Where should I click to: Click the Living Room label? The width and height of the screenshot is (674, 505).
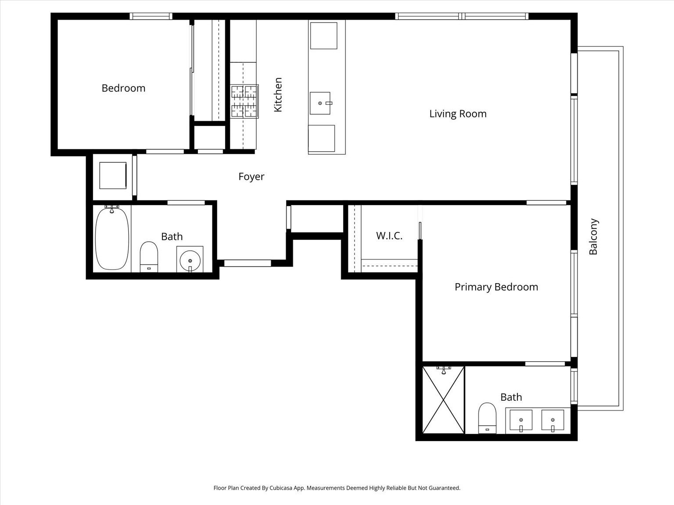coord(458,114)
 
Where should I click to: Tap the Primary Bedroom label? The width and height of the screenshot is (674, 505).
coord(496,287)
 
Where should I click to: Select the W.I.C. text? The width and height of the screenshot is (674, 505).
coord(389,235)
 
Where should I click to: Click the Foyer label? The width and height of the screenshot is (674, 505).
coord(251,177)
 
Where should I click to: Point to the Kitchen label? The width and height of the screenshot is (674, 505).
coord(278,95)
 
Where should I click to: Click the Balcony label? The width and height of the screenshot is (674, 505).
coord(593,236)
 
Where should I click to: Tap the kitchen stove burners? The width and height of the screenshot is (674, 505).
coord(244,101)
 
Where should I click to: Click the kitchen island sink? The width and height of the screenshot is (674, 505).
coord(320,103)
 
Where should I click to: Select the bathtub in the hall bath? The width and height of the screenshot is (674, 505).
coord(112,238)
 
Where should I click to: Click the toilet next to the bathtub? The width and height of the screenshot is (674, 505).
coord(149,256)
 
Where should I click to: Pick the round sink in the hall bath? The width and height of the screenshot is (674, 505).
coord(190,261)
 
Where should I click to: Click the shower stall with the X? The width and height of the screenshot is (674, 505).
coord(443,400)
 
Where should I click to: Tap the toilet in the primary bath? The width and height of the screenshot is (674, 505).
coord(488,418)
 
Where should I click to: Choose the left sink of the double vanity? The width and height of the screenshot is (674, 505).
coord(521,420)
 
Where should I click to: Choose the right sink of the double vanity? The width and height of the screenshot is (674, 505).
coord(553,420)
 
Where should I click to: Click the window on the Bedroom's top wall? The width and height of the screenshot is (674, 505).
coord(151,16)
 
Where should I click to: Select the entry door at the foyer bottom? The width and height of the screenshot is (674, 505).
coord(247,263)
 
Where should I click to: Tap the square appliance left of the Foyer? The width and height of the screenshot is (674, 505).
coord(113,175)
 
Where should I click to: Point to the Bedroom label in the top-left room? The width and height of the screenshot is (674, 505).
coord(123,88)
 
